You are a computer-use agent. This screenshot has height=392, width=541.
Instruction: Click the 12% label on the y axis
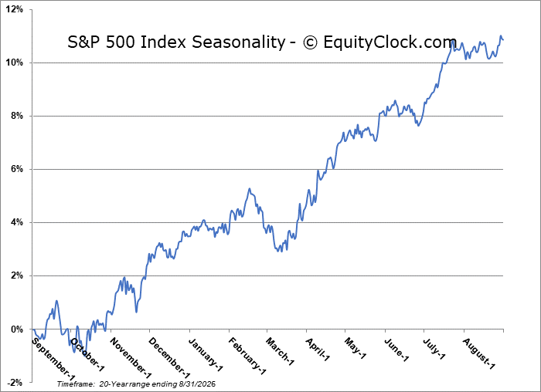(x=15, y=9)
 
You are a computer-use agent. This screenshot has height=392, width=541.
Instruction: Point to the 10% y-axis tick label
(x=15, y=63)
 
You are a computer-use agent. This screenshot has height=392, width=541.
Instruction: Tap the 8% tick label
(x=16, y=116)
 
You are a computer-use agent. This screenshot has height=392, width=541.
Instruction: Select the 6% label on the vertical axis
(x=16, y=169)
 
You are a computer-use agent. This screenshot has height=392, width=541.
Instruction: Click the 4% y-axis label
(x=16, y=222)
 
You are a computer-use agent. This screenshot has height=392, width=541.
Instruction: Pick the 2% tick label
(x=16, y=276)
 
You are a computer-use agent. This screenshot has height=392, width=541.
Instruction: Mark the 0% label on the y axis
(x=16, y=329)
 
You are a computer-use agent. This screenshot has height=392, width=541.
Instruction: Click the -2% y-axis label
(x=15, y=383)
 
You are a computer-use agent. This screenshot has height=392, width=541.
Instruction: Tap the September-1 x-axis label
(x=53, y=358)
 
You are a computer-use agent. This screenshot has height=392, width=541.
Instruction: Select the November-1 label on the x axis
(x=131, y=358)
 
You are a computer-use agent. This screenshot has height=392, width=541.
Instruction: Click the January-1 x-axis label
(x=206, y=354)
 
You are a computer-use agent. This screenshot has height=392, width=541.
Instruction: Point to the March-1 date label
(x=280, y=351)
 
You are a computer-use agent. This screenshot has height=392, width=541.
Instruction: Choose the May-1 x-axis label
(x=355, y=348)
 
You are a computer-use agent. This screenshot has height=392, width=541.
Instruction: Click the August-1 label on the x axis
(x=479, y=353)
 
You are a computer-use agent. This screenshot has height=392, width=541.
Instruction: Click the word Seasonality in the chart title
(x=238, y=42)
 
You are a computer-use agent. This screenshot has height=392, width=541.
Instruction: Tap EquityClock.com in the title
(x=390, y=42)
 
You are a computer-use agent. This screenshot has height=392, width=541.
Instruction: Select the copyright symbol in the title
(x=310, y=42)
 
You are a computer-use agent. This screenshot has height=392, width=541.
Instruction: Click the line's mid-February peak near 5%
(x=249, y=189)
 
